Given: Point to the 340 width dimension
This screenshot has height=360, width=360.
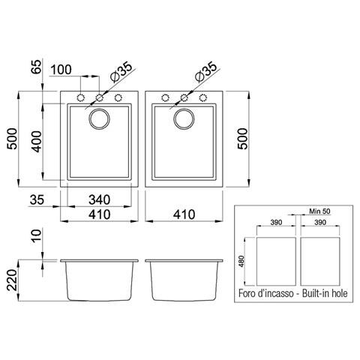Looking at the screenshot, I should pyautogui.click(x=100, y=200).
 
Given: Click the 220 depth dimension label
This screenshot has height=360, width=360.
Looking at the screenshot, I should pyautogui.click(x=11, y=283).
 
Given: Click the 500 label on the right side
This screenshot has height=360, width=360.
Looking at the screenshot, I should pyautogui.click(x=242, y=139).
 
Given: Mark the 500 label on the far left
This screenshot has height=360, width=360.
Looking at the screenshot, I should pyautogui.click(x=11, y=139).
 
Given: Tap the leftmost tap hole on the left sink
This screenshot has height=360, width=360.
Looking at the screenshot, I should pyautogui.click(x=80, y=97).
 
